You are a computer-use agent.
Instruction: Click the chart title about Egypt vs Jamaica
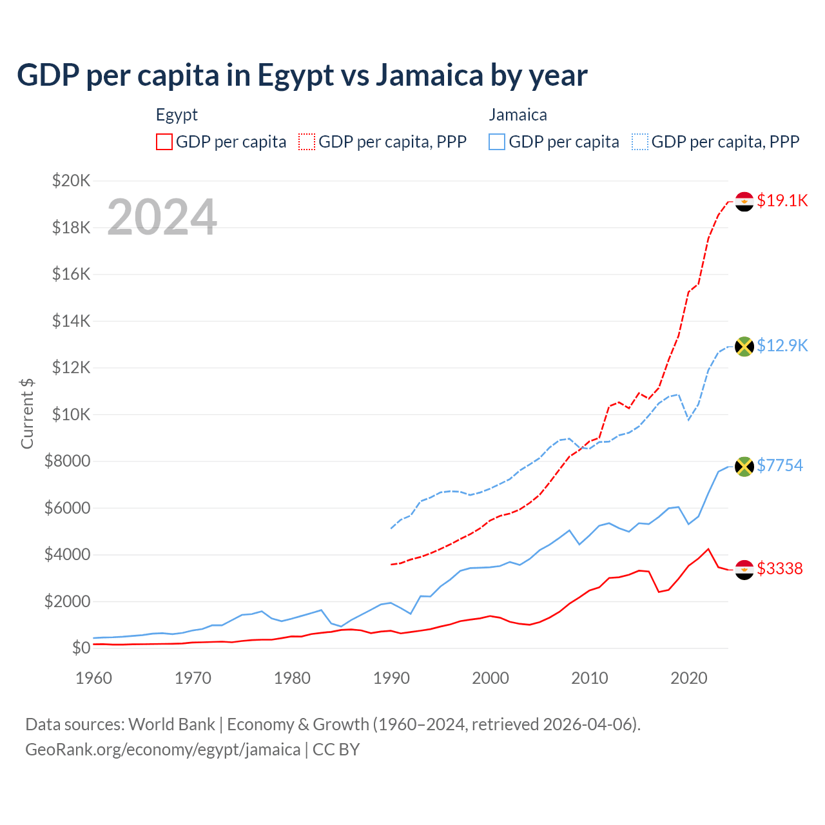(x=302, y=75)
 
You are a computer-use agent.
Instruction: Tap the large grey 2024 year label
(x=162, y=217)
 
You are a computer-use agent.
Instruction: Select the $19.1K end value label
(x=782, y=200)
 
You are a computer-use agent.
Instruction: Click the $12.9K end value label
(x=782, y=345)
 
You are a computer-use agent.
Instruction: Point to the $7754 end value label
(x=780, y=465)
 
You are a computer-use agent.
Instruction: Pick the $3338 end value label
(x=780, y=568)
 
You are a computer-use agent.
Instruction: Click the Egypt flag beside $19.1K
(x=744, y=201)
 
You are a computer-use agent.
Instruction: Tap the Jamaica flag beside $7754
(x=744, y=466)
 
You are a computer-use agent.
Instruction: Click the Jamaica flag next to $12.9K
(x=744, y=346)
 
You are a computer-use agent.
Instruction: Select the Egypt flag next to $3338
(x=744, y=569)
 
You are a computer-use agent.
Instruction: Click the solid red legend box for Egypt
(x=164, y=142)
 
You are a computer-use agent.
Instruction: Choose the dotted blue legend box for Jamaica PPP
(x=640, y=142)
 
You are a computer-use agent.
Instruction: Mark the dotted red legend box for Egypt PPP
(x=307, y=142)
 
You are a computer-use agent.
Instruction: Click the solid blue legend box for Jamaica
(x=497, y=142)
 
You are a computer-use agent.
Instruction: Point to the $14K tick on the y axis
(x=71, y=321)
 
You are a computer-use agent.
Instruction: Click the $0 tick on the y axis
(x=81, y=648)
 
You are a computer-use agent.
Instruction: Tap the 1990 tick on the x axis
(x=391, y=678)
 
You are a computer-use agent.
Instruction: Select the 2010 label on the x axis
(x=590, y=678)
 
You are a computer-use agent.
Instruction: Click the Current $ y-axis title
(x=27, y=414)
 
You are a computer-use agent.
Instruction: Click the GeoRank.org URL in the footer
(x=162, y=750)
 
